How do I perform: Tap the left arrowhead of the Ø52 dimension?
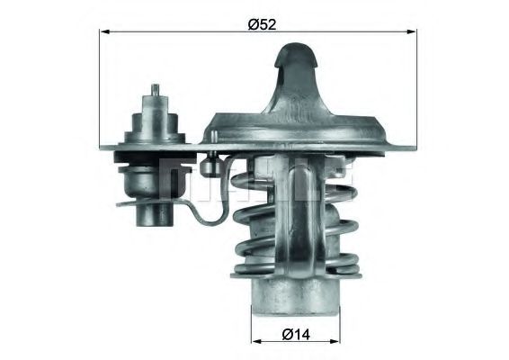pos(103,32)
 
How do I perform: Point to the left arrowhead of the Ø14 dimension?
pos(254,343)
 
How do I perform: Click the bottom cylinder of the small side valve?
pos(152,214)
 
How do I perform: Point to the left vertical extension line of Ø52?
pos(99,90)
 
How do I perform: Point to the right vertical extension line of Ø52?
pos(417,90)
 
